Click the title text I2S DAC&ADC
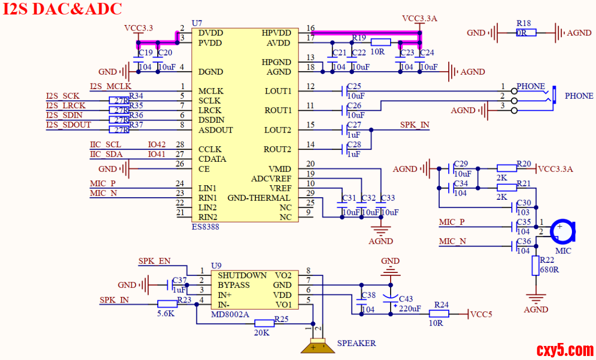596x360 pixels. point(63,10)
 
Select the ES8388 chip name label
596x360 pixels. point(205,227)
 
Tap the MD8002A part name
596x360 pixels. point(230,314)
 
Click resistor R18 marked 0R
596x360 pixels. point(526,33)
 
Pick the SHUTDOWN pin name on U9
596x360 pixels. point(242,275)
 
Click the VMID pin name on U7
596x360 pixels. point(280,169)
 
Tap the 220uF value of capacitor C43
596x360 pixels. point(410,308)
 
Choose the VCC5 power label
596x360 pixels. point(481,314)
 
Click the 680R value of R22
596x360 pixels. point(549,270)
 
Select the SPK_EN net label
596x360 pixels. point(154,261)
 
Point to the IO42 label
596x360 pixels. point(157,145)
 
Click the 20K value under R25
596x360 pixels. point(262,332)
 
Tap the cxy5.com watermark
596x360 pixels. point(564,349)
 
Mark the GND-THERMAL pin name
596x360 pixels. point(258,198)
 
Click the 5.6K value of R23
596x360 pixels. point(167,314)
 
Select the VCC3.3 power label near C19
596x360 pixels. point(138,28)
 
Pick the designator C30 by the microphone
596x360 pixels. point(523,202)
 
